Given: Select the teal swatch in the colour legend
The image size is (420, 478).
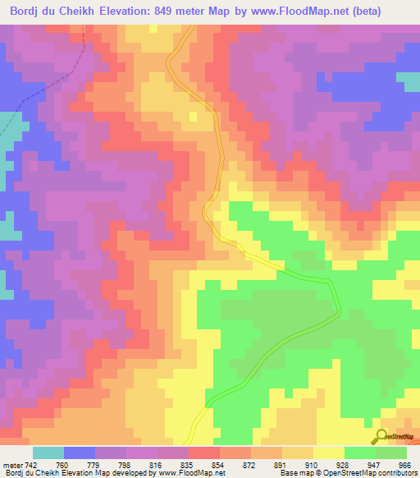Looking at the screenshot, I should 48,453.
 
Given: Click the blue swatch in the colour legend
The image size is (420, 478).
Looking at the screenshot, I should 79,453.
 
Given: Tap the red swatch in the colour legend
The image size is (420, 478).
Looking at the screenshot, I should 203,453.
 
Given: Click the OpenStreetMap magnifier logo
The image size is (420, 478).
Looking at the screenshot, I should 381,436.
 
